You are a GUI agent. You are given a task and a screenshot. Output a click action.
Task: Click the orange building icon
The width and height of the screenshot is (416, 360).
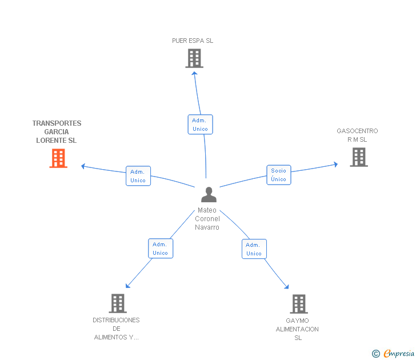click(x=58, y=158)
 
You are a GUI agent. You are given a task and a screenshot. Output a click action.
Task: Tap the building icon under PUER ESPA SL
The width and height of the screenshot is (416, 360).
click(x=194, y=58)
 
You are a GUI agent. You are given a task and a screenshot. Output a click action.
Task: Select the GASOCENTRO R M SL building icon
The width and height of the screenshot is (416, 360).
click(x=359, y=157)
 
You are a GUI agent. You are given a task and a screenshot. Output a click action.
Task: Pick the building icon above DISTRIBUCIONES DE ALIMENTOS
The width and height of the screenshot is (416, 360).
click(x=118, y=303)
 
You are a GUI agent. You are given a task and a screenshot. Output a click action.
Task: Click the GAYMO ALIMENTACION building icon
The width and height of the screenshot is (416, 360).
click(x=299, y=304)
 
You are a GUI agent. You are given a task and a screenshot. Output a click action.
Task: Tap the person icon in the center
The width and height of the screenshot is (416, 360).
click(x=209, y=194)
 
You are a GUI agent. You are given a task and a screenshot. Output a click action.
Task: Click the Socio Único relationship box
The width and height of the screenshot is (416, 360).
click(x=279, y=175)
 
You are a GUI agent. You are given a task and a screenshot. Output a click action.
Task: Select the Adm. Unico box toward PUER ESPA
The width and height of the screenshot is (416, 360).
click(x=201, y=125)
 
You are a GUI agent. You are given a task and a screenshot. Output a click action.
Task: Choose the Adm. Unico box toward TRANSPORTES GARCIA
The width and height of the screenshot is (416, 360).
click(x=138, y=176)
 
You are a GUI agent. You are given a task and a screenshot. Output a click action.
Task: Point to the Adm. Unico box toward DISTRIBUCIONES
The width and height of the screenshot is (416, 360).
click(x=161, y=249)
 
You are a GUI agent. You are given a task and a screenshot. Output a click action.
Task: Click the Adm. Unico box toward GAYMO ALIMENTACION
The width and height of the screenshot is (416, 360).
click(x=254, y=249)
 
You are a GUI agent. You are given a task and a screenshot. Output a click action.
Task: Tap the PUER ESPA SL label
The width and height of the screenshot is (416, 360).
click(x=193, y=41)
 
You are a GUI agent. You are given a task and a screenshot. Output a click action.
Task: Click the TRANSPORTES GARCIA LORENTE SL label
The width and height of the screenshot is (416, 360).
click(x=57, y=131)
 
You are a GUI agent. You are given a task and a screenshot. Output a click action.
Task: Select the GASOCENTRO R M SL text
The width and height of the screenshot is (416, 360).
click(x=357, y=135)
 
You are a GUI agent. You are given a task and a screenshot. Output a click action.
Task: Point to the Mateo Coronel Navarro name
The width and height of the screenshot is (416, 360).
click(x=207, y=219)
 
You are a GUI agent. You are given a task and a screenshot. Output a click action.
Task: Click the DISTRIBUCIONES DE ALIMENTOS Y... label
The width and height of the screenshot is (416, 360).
click(x=116, y=329)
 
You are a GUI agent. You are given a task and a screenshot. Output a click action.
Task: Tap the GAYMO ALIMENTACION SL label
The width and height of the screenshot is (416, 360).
click(x=297, y=329)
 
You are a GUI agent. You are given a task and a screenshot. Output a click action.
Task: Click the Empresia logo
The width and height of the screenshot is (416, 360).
click(x=393, y=353)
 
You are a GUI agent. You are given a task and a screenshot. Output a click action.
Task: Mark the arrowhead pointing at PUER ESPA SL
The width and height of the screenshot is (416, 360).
click(x=194, y=74)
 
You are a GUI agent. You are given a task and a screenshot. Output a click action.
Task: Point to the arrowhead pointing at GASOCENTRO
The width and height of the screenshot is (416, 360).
click(x=335, y=165)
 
